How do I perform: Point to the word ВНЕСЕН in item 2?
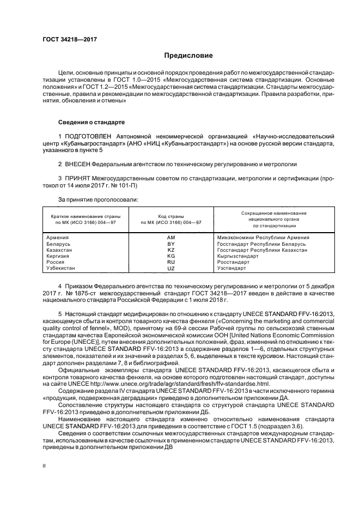click(x=77, y=163)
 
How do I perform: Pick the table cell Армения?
click(x=58, y=238)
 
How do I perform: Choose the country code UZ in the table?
click(x=170, y=269)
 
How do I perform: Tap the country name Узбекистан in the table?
click(x=62, y=269)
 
